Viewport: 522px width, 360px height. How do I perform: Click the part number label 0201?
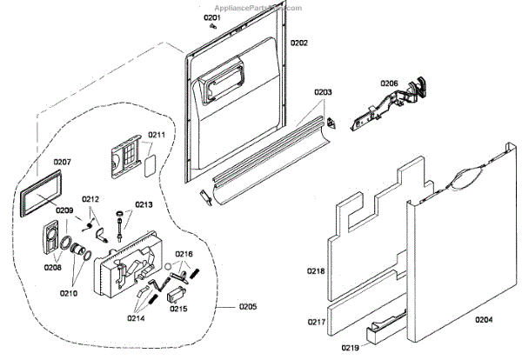213,17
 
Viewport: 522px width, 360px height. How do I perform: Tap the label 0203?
324,91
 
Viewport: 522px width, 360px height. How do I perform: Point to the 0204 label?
485,319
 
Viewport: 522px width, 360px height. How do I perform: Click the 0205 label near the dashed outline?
248,306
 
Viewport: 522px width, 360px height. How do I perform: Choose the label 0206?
389,83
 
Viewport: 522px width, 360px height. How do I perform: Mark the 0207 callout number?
62,163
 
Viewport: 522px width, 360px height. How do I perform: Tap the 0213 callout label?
143,205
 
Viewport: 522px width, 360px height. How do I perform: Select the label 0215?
177,308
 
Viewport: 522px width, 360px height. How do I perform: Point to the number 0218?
315,271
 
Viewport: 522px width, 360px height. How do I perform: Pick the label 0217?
315,322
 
